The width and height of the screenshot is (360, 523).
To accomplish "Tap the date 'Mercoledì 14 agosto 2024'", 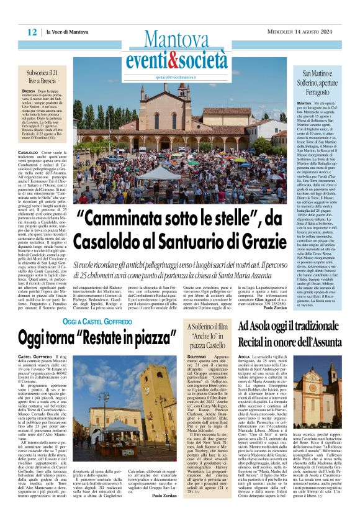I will tap(297, 32).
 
